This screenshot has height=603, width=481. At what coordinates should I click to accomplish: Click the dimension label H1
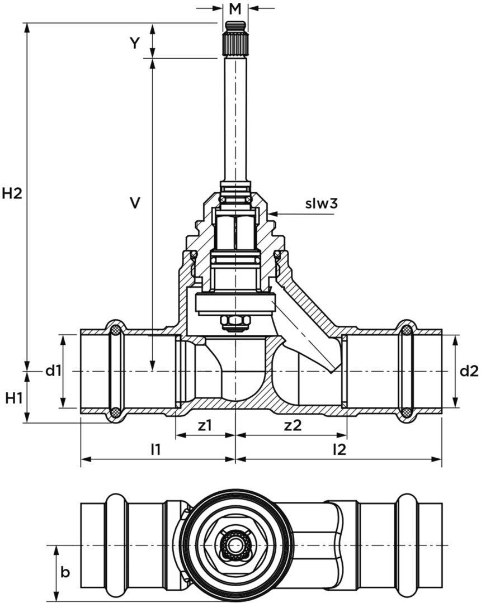[x=14, y=398]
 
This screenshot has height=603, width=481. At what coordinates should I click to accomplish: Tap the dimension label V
[x=134, y=202]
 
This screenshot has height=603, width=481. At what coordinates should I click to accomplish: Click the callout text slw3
[x=321, y=204]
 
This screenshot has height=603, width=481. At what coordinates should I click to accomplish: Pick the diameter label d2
[x=469, y=371]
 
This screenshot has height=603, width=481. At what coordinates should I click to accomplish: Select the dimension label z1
[x=205, y=425]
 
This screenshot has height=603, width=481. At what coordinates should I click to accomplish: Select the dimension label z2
[x=293, y=425]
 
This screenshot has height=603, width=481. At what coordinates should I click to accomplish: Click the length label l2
[x=339, y=449]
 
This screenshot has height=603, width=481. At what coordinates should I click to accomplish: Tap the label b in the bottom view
[x=65, y=572]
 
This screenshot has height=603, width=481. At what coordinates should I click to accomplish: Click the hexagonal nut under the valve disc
[x=235, y=322]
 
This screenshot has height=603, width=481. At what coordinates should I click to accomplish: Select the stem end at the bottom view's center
[x=235, y=545]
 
